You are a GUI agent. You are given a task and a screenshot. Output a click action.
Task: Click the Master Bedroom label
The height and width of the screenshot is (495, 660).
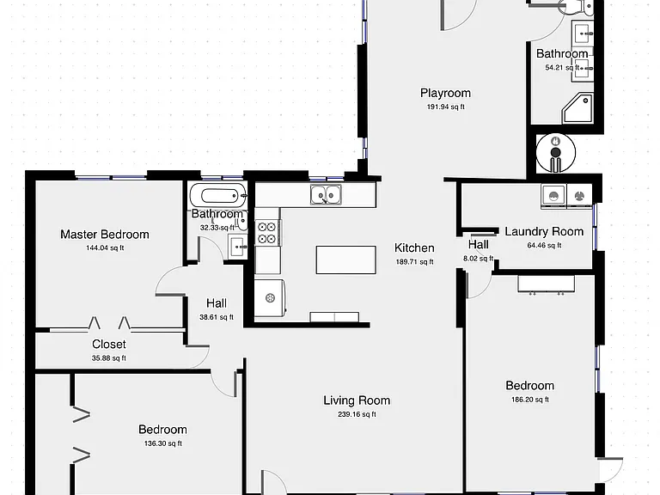coord(105,235)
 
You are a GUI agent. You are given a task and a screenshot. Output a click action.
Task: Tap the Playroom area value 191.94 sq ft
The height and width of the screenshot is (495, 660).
coord(446,107)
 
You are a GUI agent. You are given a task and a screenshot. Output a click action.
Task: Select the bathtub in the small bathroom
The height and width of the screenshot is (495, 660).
coord(217,195)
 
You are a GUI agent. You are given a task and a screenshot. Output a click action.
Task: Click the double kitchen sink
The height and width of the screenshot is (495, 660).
coord(326,195)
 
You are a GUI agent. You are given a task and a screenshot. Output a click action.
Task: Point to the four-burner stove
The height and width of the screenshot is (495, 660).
coord(268,233)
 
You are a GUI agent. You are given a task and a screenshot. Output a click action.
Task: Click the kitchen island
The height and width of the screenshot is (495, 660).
coord(346,260)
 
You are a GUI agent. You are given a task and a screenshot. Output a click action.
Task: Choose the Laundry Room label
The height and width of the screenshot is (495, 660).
coord(544,231)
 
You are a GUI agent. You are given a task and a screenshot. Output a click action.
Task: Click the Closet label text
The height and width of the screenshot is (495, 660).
coord(109,345)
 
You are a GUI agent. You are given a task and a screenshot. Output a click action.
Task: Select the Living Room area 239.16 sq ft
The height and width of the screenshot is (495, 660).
coord(357,414)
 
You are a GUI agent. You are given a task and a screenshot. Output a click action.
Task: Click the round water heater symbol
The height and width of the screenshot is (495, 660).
coord(556,153)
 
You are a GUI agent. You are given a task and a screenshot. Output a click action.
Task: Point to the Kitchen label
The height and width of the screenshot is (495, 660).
coord(414,247)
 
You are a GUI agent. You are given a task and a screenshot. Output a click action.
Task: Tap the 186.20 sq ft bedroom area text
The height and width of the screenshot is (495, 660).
coord(530,400)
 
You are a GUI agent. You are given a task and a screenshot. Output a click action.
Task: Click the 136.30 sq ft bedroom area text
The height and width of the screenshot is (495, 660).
coord(163,443)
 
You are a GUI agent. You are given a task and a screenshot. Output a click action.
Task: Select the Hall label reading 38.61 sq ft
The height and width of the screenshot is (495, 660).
coord(217,303)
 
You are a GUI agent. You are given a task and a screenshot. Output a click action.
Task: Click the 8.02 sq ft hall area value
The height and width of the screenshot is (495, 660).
coord(478,259)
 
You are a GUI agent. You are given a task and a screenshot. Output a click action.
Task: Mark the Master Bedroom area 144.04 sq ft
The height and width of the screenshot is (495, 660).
coord(105,247)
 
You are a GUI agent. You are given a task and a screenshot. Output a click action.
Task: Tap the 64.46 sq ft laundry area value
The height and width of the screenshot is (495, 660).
coord(544,245)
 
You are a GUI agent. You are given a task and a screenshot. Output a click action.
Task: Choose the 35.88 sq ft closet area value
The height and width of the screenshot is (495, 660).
coord(109,358)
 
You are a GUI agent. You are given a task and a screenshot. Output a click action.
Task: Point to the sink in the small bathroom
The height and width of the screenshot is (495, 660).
coord(239,247)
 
